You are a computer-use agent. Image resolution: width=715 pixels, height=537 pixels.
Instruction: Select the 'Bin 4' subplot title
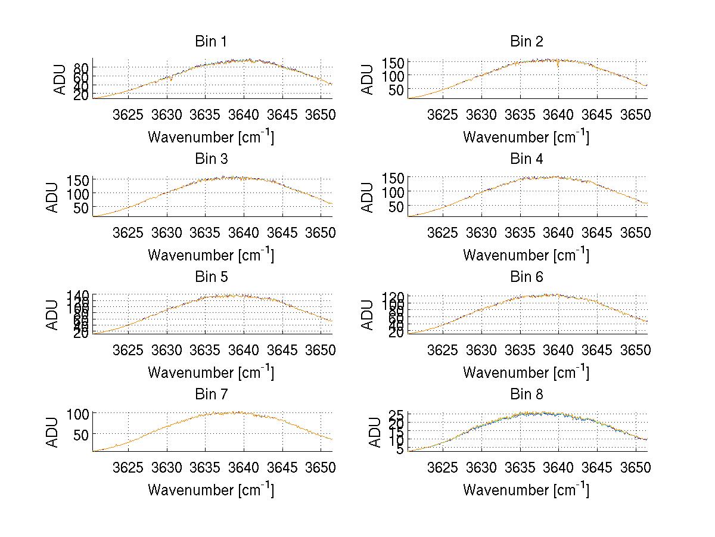coord(526,159)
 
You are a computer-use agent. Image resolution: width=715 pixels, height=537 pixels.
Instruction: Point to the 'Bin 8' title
coord(526,395)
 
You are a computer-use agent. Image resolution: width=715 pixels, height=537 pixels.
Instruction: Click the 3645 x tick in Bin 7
coord(282,466)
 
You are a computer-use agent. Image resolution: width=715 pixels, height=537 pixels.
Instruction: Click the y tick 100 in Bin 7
coord(80,413)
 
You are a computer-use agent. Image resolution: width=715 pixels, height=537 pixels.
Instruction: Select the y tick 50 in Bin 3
coord(82,207)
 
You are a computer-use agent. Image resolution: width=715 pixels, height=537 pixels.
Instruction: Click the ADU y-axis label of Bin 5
coord(53,314)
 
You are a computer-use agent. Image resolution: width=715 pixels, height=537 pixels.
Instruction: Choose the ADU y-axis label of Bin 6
coord(368,314)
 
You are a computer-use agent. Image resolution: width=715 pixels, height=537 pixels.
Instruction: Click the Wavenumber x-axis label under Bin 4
coord(526,254)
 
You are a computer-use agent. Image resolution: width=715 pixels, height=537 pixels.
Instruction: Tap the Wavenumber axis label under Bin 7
coord(211,490)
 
